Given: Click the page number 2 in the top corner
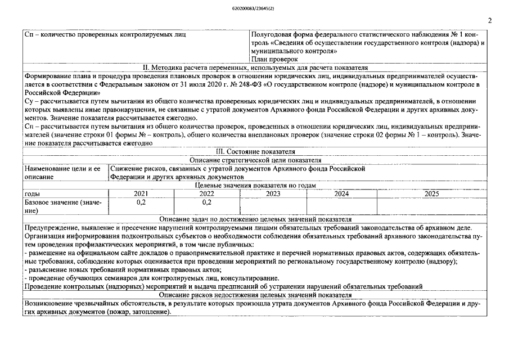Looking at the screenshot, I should click(x=490, y=21).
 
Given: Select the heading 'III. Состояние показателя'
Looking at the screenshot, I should click(x=254, y=152).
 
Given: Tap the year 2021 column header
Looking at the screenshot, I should click(x=141, y=193).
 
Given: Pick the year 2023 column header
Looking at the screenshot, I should click(x=273, y=193).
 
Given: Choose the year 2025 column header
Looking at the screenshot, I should click(x=431, y=193).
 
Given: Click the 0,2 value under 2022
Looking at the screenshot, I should click(x=206, y=202).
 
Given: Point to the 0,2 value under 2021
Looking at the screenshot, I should click(x=141, y=202).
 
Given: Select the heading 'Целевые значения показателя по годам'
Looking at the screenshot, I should click(x=255, y=185).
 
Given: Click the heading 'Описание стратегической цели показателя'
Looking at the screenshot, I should click(x=255, y=160).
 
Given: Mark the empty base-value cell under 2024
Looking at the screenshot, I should click(x=341, y=206).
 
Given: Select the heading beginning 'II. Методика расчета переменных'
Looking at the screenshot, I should click(x=255, y=67).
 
